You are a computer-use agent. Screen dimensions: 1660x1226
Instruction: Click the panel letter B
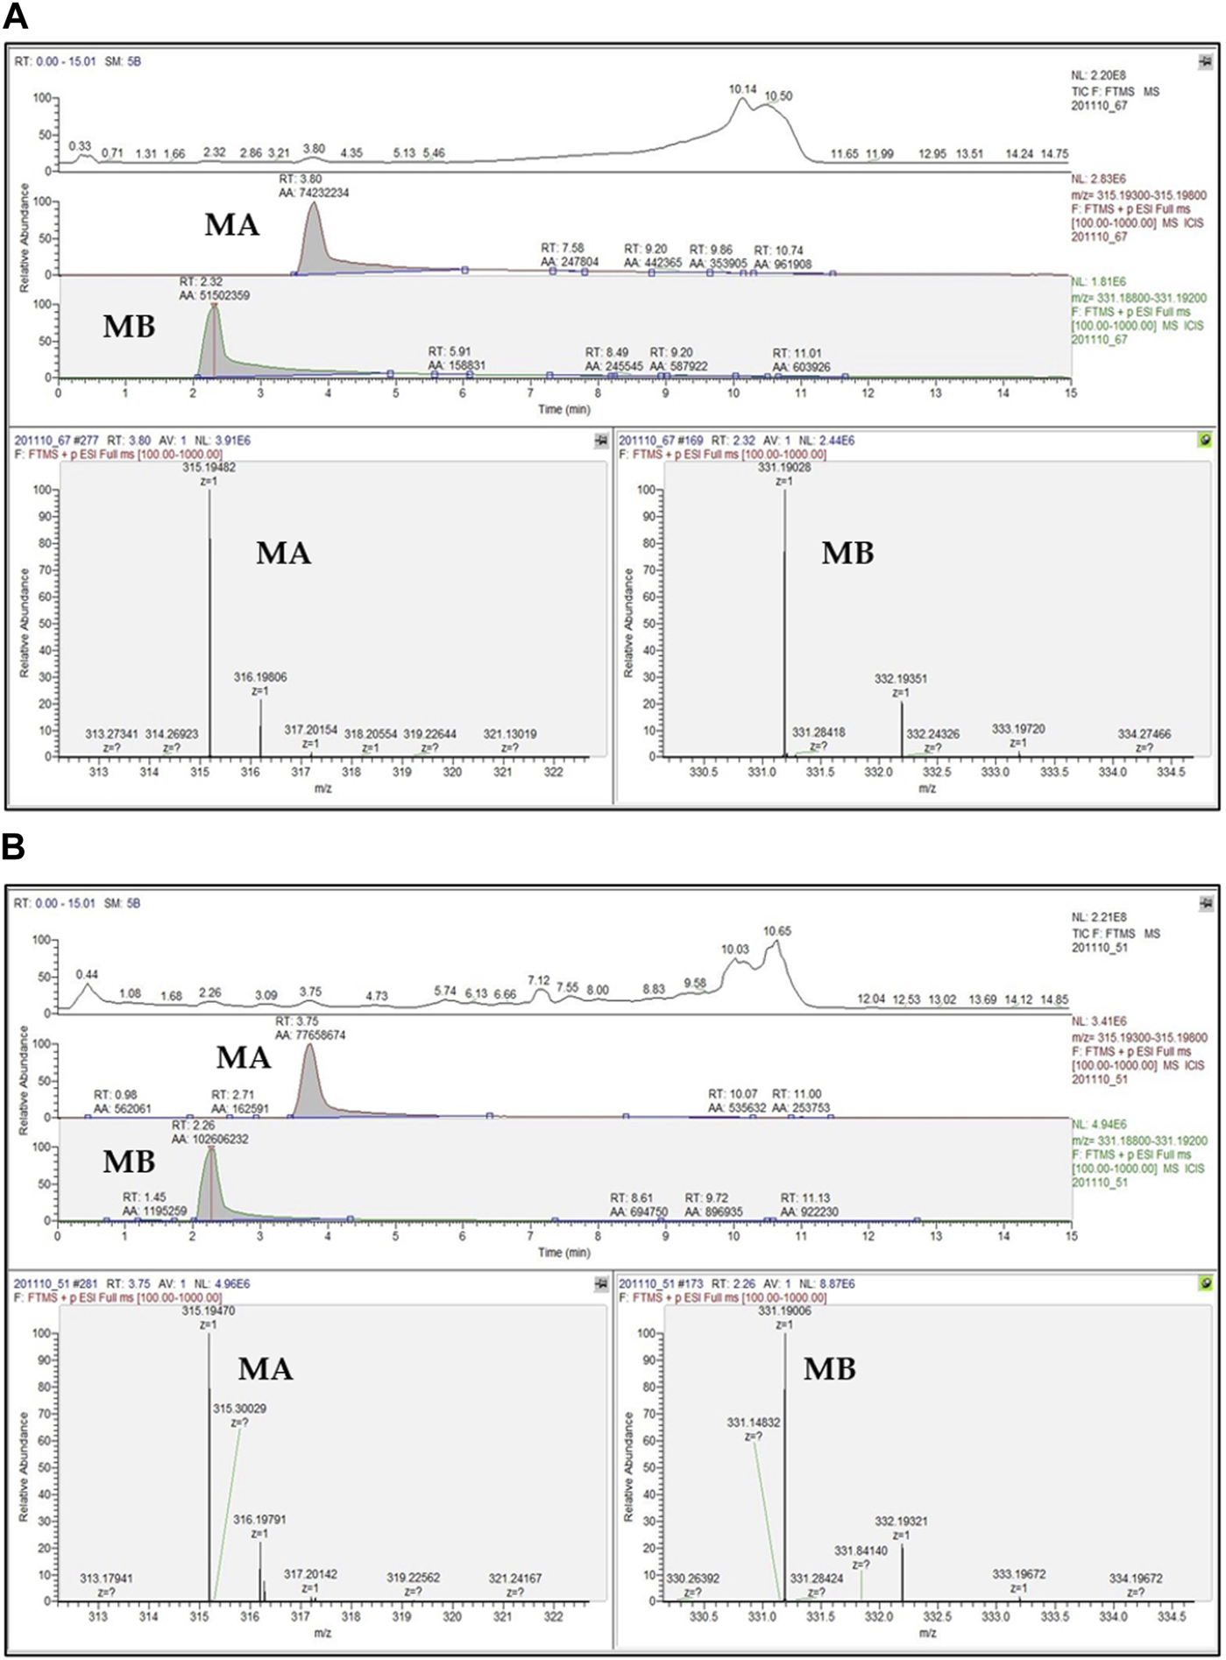click(x=15, y=846)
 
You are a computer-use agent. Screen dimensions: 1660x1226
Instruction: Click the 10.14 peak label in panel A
click(x=742, y=89)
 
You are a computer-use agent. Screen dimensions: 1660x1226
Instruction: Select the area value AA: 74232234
click(x=308, y=193)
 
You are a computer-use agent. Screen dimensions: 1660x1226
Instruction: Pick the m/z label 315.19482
click(x=209, y=468)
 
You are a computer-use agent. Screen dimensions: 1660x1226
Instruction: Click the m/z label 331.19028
click(x=784, y=468)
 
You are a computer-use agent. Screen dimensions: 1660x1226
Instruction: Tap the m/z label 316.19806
click(x=260, y=677)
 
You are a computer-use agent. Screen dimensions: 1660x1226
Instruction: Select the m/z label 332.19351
click(x=901, y=679)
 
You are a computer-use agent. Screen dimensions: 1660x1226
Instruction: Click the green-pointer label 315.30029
click(x=239, y=1408)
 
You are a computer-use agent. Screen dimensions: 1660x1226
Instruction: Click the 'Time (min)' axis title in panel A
click(x=563, y=409)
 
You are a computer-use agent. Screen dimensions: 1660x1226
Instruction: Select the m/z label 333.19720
click(x=1018, y=729)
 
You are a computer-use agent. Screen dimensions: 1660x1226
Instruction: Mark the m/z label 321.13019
click(x=510, y=734)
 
